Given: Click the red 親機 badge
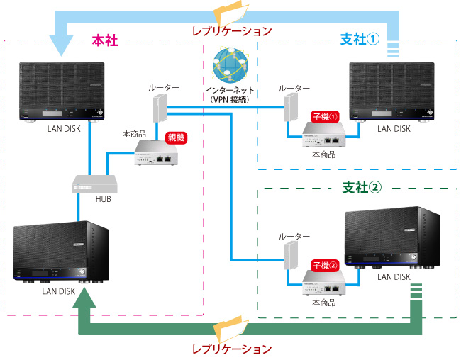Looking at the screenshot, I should click(x=175, y=138).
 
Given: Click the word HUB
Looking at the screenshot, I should click(x=103, y=199).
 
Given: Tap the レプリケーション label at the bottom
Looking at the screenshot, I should click(x=232, y=349).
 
